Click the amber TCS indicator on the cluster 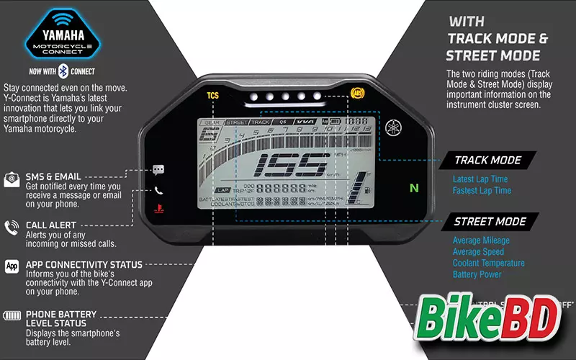point(212,95)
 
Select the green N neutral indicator point(413,189)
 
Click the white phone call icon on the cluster point(158,190)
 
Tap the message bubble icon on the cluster point(158,170)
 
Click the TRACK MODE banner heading point(490,160)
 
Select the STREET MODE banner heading point(490,221)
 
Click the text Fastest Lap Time point(482,191)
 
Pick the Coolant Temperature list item point(488,264)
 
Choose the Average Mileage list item point(481,240)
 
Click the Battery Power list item point(477,275)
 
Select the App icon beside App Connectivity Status point(12,266)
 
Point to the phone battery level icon point(12,315)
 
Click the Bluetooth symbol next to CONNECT point(63,71)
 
